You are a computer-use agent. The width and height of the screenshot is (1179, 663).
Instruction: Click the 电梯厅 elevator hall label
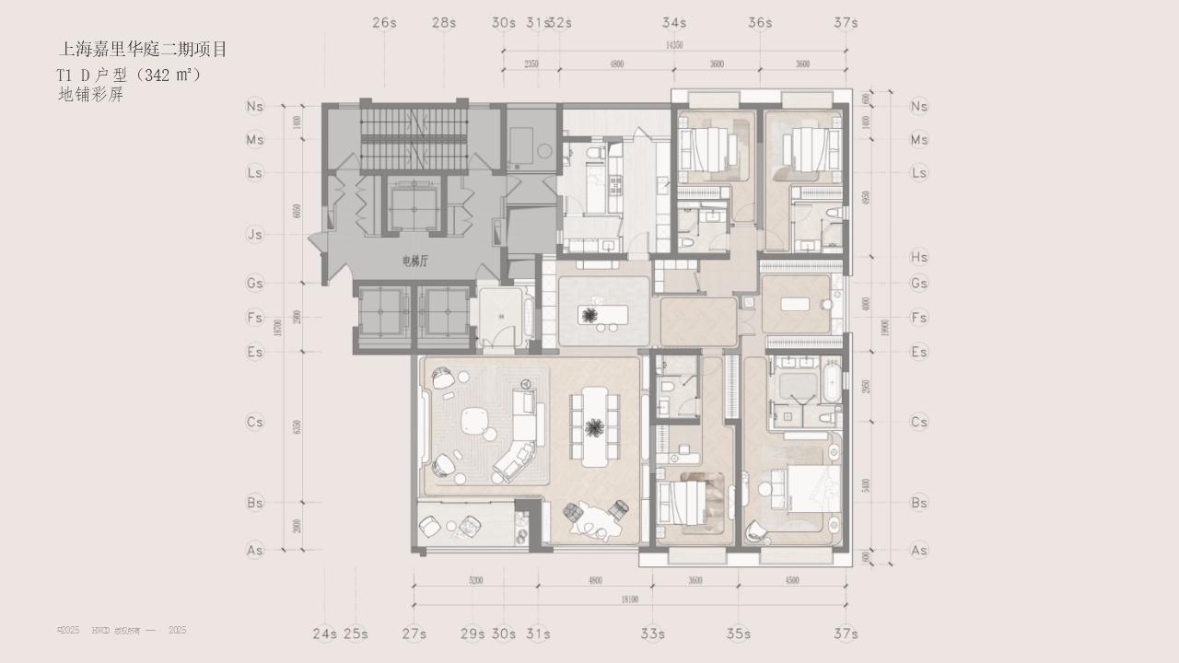point(415,262)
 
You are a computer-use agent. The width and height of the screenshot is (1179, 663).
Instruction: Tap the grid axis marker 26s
point(385,22)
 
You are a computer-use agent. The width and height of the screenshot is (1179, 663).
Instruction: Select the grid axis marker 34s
point(674,22)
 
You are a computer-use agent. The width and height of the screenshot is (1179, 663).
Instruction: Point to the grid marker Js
point(255,235)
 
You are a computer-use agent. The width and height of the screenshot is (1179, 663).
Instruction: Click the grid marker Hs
point(918,258)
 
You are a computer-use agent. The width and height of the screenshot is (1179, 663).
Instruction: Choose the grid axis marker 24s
point(324,634)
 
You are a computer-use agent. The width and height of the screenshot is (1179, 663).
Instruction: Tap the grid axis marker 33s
point(652,634)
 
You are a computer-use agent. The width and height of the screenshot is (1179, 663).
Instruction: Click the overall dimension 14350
point(674,44)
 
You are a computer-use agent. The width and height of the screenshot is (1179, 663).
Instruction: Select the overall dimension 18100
point(630,599)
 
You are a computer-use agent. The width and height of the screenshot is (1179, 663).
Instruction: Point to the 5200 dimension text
point(475,581)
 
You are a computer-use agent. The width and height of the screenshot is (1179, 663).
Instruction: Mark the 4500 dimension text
point(792,581)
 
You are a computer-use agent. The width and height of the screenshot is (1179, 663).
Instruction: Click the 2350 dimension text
point(531,64)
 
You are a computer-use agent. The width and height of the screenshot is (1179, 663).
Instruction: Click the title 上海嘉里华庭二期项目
point(143,50)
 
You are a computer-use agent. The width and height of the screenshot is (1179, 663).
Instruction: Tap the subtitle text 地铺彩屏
point(90,94)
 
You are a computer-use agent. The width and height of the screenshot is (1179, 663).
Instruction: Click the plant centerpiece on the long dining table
point(595,426)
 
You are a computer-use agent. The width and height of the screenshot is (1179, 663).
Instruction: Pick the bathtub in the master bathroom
point(833,381)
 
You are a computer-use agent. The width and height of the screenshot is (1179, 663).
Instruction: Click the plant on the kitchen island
point(590,315)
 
